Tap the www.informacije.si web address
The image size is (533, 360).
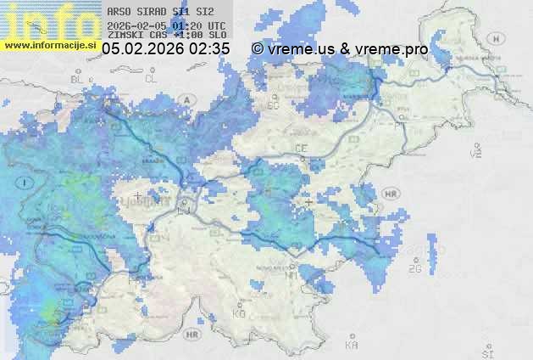51,43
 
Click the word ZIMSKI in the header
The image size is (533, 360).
125,36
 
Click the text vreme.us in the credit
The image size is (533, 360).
301,49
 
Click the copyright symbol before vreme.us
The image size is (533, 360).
258,49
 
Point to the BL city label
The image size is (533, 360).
78,79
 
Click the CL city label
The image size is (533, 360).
151,79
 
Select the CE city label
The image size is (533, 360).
301,149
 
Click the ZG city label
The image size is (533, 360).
415,269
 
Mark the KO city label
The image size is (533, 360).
238,313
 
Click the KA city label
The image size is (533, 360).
352,346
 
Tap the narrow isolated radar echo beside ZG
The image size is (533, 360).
438,255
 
